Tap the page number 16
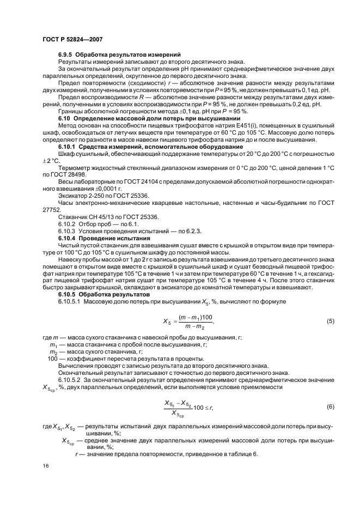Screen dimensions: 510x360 click(45, 466)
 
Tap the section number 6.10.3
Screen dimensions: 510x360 click(67, 231)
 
